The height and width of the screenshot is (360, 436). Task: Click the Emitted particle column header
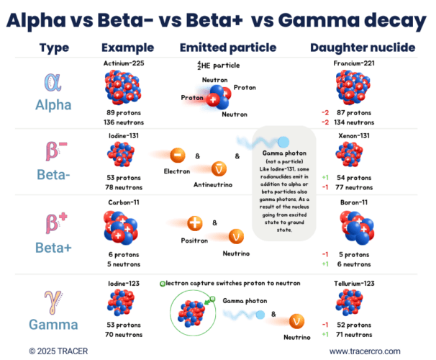[227, 48]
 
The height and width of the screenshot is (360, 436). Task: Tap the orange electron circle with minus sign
[176, 155]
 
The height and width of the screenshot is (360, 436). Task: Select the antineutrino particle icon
[222, 168]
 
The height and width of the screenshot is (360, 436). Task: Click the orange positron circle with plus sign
[194, 223]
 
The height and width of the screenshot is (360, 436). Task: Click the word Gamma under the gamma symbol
[53, 325]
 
